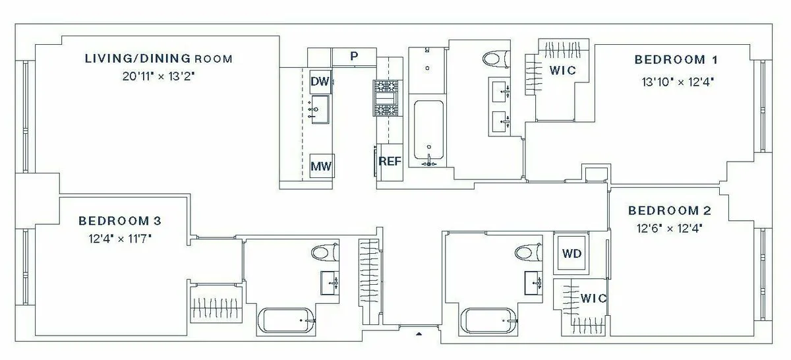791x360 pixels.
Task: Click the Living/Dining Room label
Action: tap(158, 59)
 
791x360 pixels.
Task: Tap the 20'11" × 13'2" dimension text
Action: tap(158, 76)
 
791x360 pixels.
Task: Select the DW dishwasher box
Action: tap(320, 81)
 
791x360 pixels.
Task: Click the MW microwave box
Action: tap(321, 166)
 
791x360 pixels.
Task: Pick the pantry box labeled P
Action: tap(354, 57)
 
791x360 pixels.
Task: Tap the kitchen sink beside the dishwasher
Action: tap(320, 108)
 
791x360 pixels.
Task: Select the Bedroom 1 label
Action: tap(676, 60)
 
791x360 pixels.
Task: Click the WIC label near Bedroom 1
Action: tap(562, 70)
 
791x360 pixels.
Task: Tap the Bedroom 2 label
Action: tap(669, 211)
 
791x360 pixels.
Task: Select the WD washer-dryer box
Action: tap(571, 253)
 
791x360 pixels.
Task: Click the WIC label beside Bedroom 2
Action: tap(593, 298)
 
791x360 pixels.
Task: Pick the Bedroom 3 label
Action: tap(119, 220)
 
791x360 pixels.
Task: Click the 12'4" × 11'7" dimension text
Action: tap(119, 237)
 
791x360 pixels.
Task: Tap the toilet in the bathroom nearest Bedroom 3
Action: tap(325, 253)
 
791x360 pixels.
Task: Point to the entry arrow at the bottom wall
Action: tap(418, 334)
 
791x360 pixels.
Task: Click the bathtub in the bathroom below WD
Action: tap(488, 321)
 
